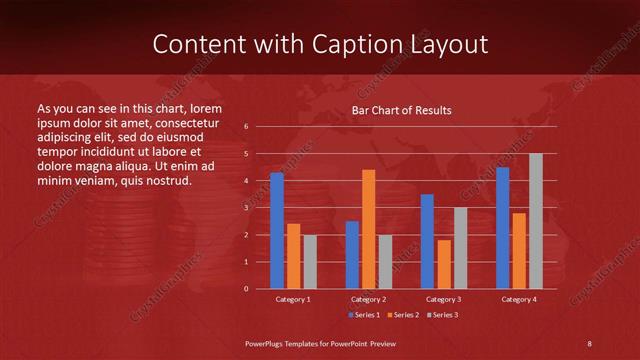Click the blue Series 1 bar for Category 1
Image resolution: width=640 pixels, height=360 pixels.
point(277,231)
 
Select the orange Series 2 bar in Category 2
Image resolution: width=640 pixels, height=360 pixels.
point(369,229)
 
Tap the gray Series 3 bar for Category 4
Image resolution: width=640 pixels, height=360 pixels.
point(536,221)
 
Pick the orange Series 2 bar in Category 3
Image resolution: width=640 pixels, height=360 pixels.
point(444,264)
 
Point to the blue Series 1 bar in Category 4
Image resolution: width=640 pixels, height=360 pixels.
point(503,228)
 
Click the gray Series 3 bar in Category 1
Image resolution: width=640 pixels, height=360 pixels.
point(310,262)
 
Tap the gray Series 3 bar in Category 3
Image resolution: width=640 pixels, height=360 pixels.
point(461,248)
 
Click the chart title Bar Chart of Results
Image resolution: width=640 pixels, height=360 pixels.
point(401,110)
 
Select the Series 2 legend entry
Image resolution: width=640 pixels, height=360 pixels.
point(401,315)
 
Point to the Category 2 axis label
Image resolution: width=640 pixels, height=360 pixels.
point(369,299)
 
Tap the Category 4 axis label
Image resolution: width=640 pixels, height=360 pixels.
point(519,299)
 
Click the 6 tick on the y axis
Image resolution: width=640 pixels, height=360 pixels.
point(246,127)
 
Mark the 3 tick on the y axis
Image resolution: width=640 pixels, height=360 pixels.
point(246,208)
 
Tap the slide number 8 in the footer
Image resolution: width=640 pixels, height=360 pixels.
point(590,344)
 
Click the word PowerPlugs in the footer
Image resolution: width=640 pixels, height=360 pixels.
point(269,344)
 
